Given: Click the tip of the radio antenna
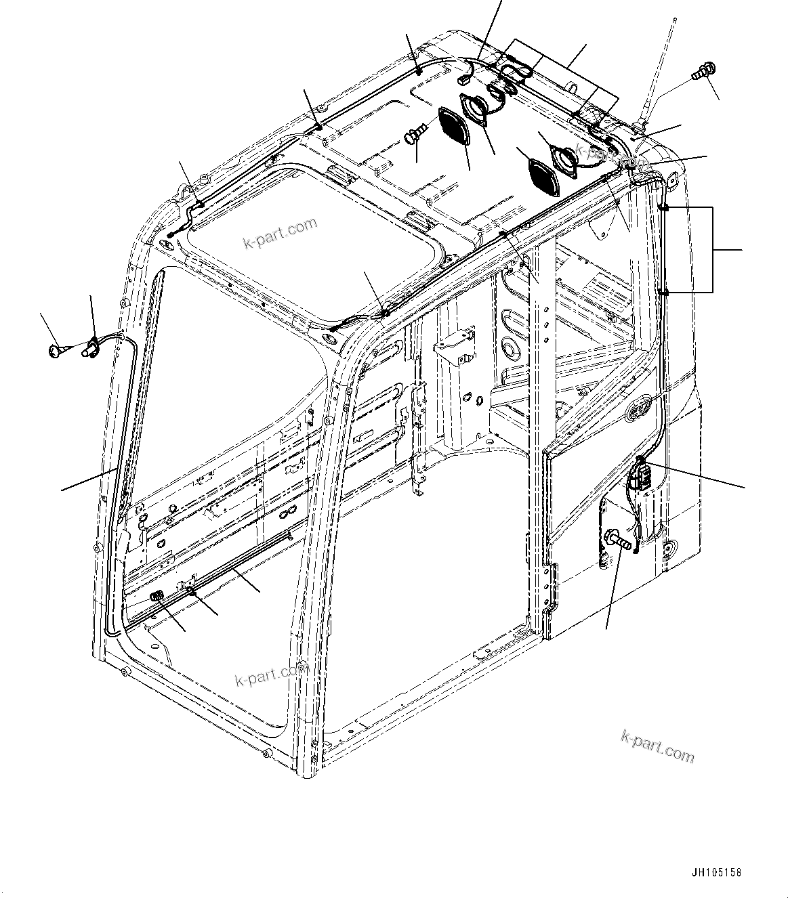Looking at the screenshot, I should coord(675,20).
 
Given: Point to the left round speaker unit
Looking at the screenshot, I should coord(480,110).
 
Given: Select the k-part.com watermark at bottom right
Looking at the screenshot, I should coord(657,745).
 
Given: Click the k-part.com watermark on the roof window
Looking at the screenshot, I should coord(280,233).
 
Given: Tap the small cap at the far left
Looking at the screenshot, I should coord(55,349).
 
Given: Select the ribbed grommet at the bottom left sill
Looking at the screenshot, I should coord(157,596).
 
